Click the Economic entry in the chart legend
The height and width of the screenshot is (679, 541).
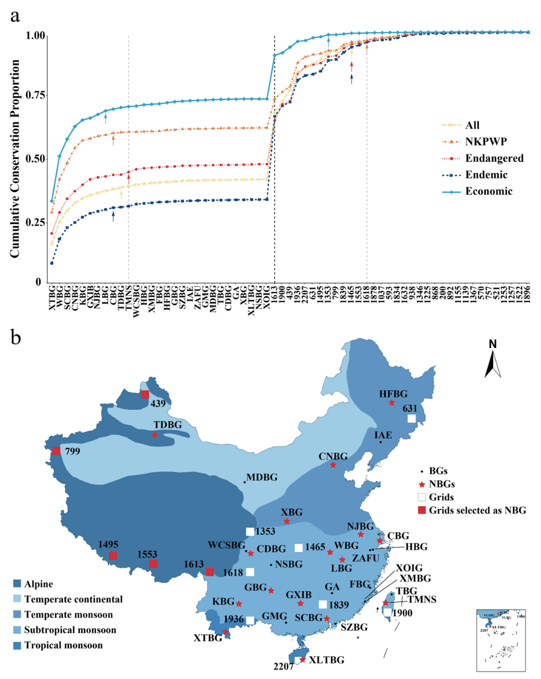tap(488, 191)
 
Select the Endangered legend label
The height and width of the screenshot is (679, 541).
tap(494, 158)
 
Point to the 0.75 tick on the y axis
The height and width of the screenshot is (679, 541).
tap(36, 95)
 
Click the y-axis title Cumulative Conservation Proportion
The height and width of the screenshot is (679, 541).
tap(15, 159)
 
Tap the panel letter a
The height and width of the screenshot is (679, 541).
tap(15, 16)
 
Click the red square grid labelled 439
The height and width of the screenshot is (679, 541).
tap(145, 394)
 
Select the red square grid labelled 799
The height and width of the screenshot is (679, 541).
tap(56, 450)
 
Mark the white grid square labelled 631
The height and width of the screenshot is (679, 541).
tap(412, 418)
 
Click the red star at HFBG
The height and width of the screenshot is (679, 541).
tap(391, 402)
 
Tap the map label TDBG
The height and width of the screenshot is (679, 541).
tap(168, 425)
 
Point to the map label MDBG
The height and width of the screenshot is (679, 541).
tap(262, 477)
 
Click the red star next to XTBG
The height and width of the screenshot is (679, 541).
tap(226, 632)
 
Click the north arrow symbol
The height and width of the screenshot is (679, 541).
tap(493, 364)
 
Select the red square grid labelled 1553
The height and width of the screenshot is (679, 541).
tap(153, 564)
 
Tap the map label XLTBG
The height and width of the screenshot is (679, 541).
tap(327, 660)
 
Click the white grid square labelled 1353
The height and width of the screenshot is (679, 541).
tap(250, 532)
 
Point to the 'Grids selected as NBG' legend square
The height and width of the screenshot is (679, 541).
tap(422, 510)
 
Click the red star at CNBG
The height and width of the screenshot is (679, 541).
tap(333, 465)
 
